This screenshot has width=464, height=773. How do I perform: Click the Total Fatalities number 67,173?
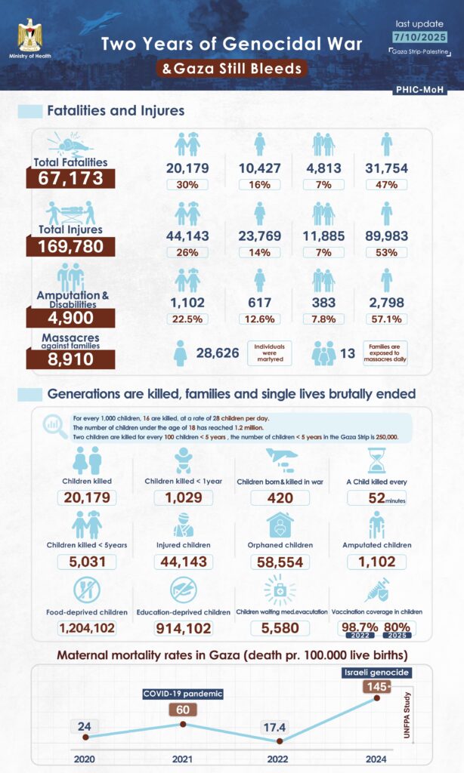tap(70, 178)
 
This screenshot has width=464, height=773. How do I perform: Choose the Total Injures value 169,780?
tap(70, 246)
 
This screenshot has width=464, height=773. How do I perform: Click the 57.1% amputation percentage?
tap(387, 319)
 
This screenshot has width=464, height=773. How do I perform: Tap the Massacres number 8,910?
tap(70, 359)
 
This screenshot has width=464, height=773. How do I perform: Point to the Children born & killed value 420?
tap(275, 498)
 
